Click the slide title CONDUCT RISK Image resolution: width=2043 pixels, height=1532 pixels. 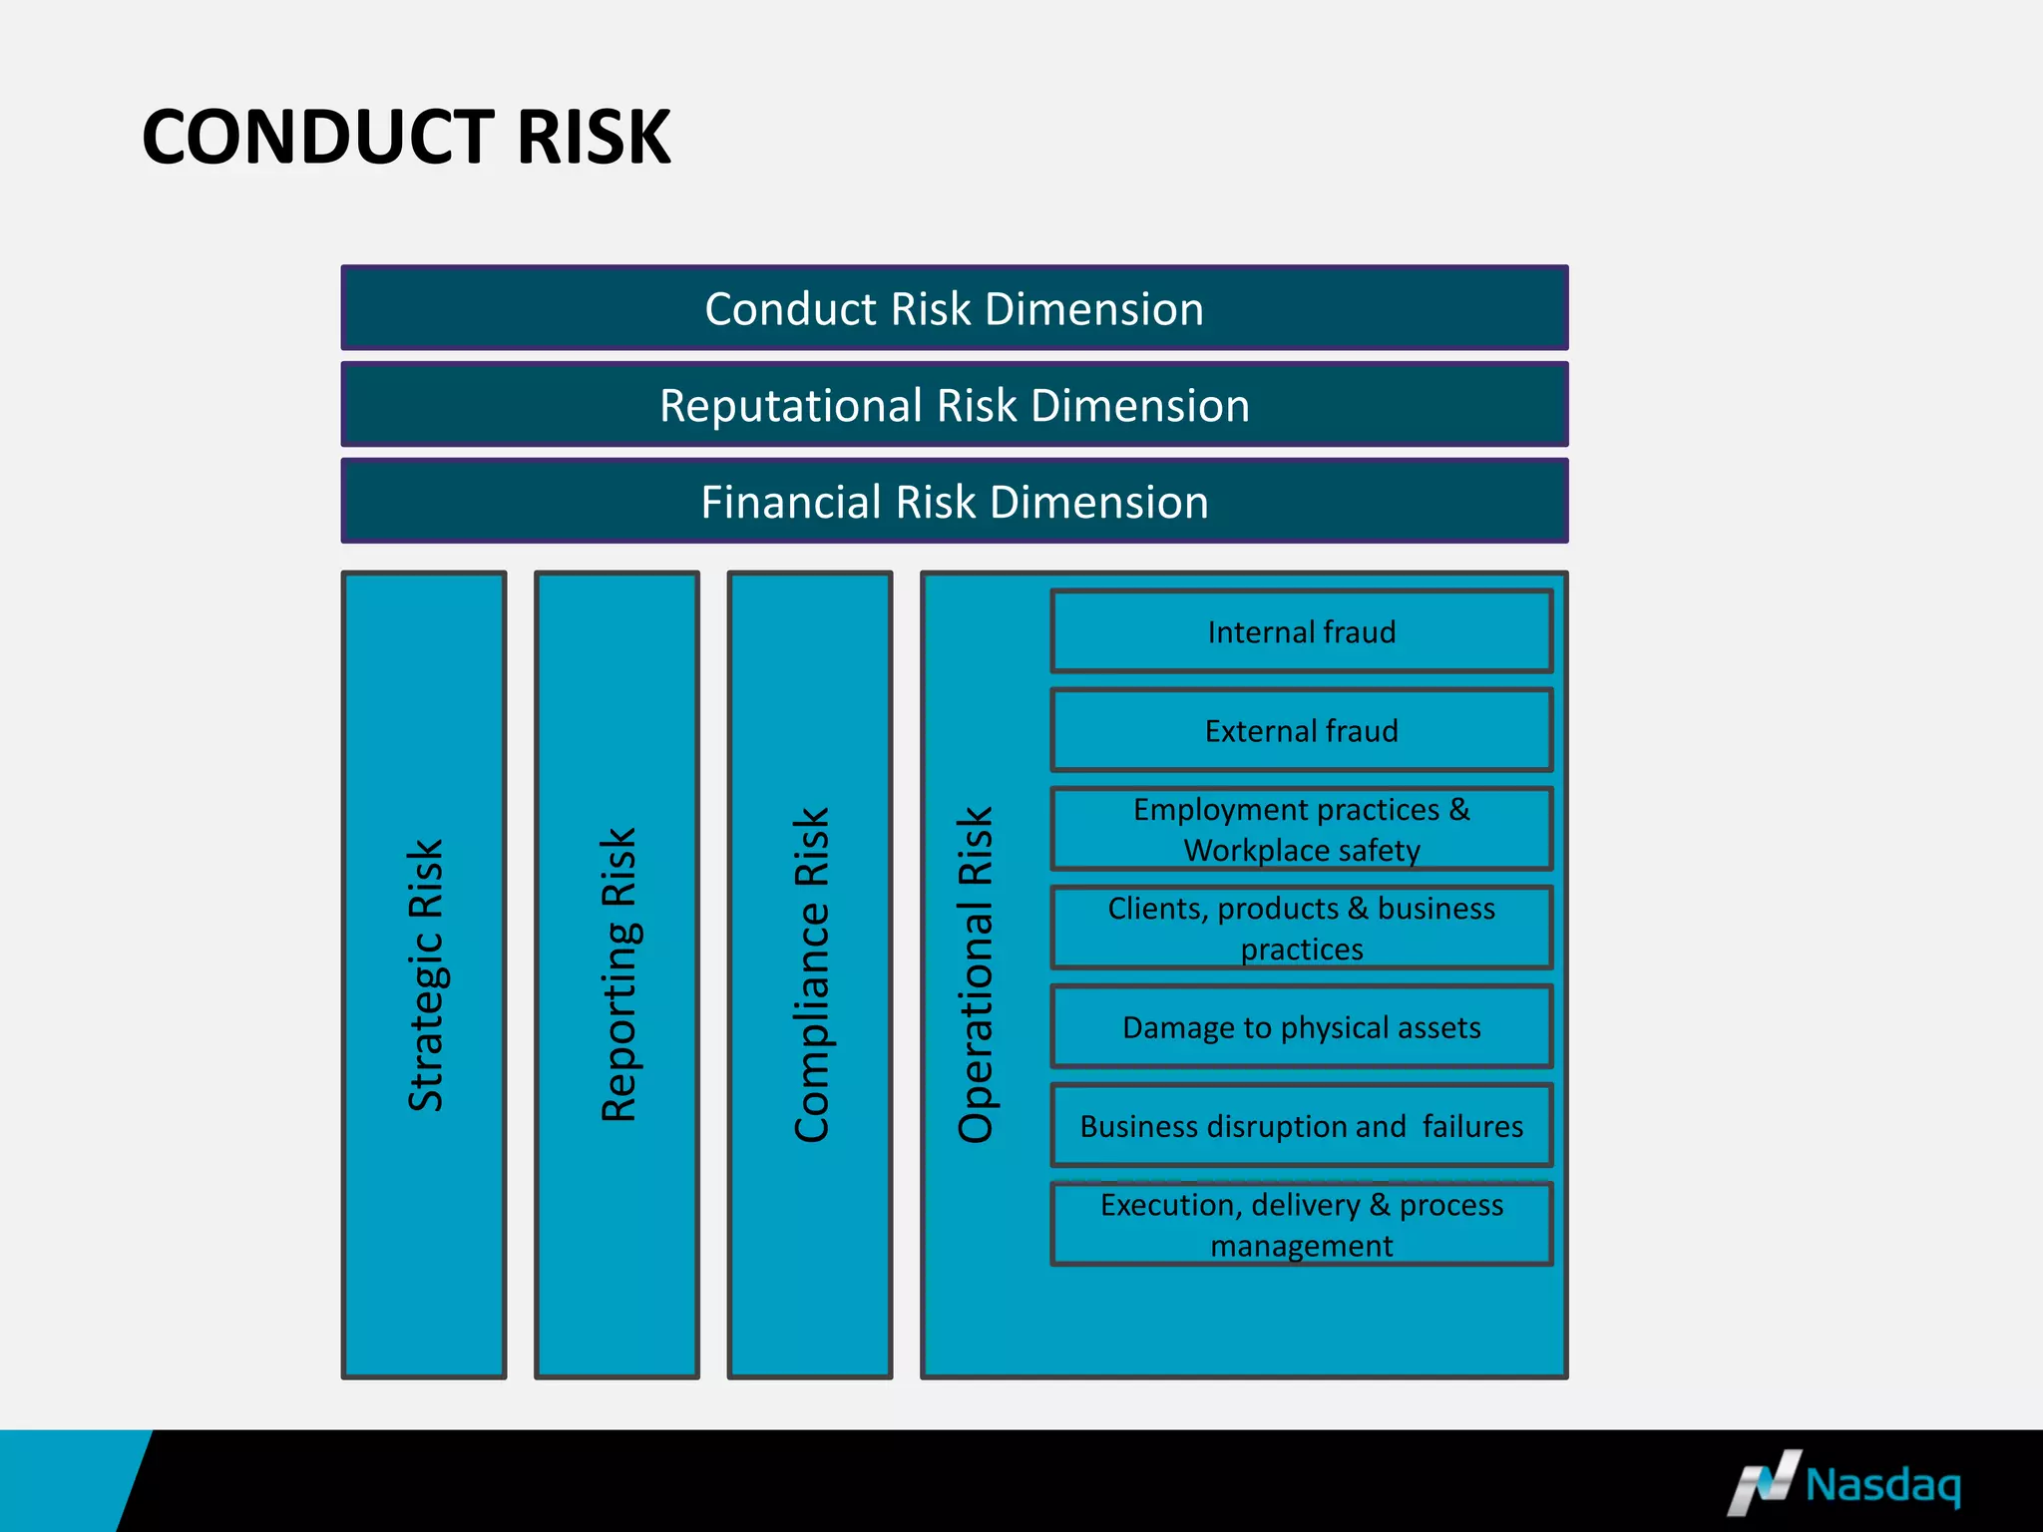click(406, 137)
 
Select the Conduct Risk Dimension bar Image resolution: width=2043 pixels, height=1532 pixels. click(954, 308)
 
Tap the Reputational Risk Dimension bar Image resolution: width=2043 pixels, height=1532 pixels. click(954, 405)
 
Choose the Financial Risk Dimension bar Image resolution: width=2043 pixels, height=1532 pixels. click(954, 502)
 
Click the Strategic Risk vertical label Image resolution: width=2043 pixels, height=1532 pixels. click(425, 975)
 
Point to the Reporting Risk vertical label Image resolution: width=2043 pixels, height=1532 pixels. click(617, 975)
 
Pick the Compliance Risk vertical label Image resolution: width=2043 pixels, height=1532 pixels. click(811, 975)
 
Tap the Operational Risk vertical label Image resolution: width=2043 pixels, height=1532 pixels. click(976, 975)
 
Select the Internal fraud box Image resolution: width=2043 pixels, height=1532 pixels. click(1301, 632)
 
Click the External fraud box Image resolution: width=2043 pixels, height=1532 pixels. click(1301, 731)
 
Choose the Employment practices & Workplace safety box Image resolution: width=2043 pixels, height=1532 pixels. click(1301, 830)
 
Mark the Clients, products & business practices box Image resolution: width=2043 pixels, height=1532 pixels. click(1301, 929)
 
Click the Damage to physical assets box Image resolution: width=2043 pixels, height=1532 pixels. click(1301, 1027)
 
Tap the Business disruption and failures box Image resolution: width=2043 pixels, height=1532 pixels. click(1301, 1126)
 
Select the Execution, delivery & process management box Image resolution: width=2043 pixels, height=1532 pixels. click(1301, 1225)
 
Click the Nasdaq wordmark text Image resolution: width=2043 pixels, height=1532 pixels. click(1883, 1485)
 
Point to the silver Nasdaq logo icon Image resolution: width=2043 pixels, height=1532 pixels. click(1764, 1483)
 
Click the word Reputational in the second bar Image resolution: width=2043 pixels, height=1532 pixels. click(791, 406)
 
